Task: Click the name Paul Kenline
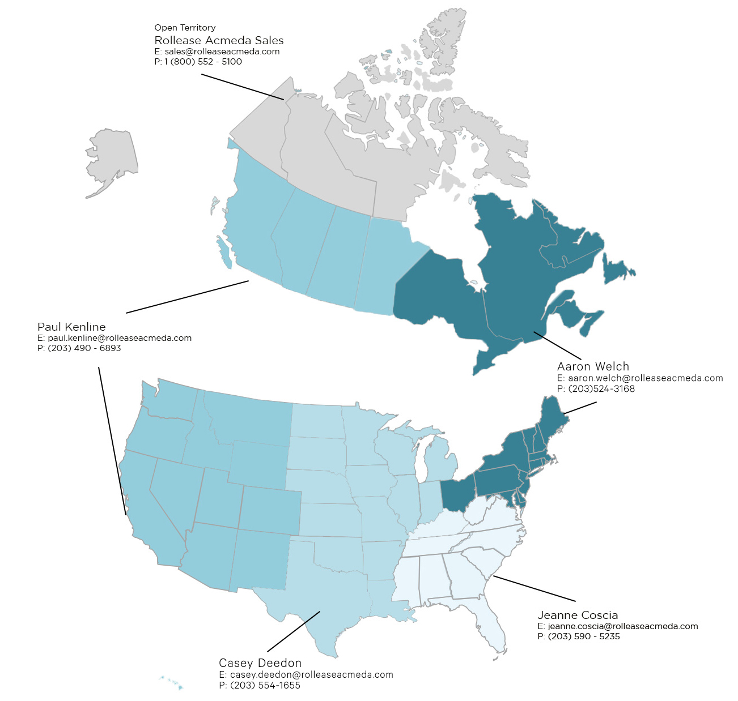71,327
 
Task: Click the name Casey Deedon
260,663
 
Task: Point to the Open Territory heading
185,28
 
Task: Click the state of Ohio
456,493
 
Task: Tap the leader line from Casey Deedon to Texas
293,631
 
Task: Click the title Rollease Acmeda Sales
219,40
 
